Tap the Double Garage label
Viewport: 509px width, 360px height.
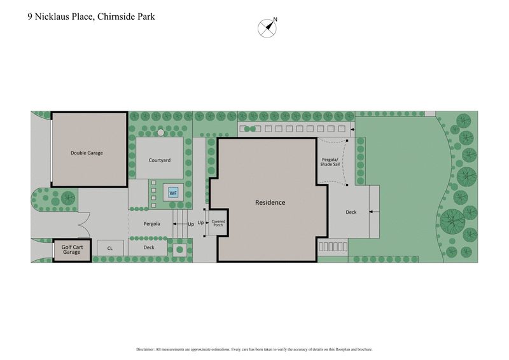coord(87,153)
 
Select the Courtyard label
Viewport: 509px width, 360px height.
coord(159,160)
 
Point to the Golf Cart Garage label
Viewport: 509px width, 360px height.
coord(71,249)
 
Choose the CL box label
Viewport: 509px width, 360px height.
coord(110,248)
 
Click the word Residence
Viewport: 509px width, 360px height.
coord(270,202)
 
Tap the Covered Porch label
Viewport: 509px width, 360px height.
coord(218,223)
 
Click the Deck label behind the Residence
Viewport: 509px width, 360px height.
coord(351,212)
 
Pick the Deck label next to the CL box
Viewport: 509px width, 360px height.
coord(149,247)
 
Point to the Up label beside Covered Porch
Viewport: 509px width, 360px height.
coord(200,223)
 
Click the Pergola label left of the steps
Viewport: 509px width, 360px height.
coord(151,224)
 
